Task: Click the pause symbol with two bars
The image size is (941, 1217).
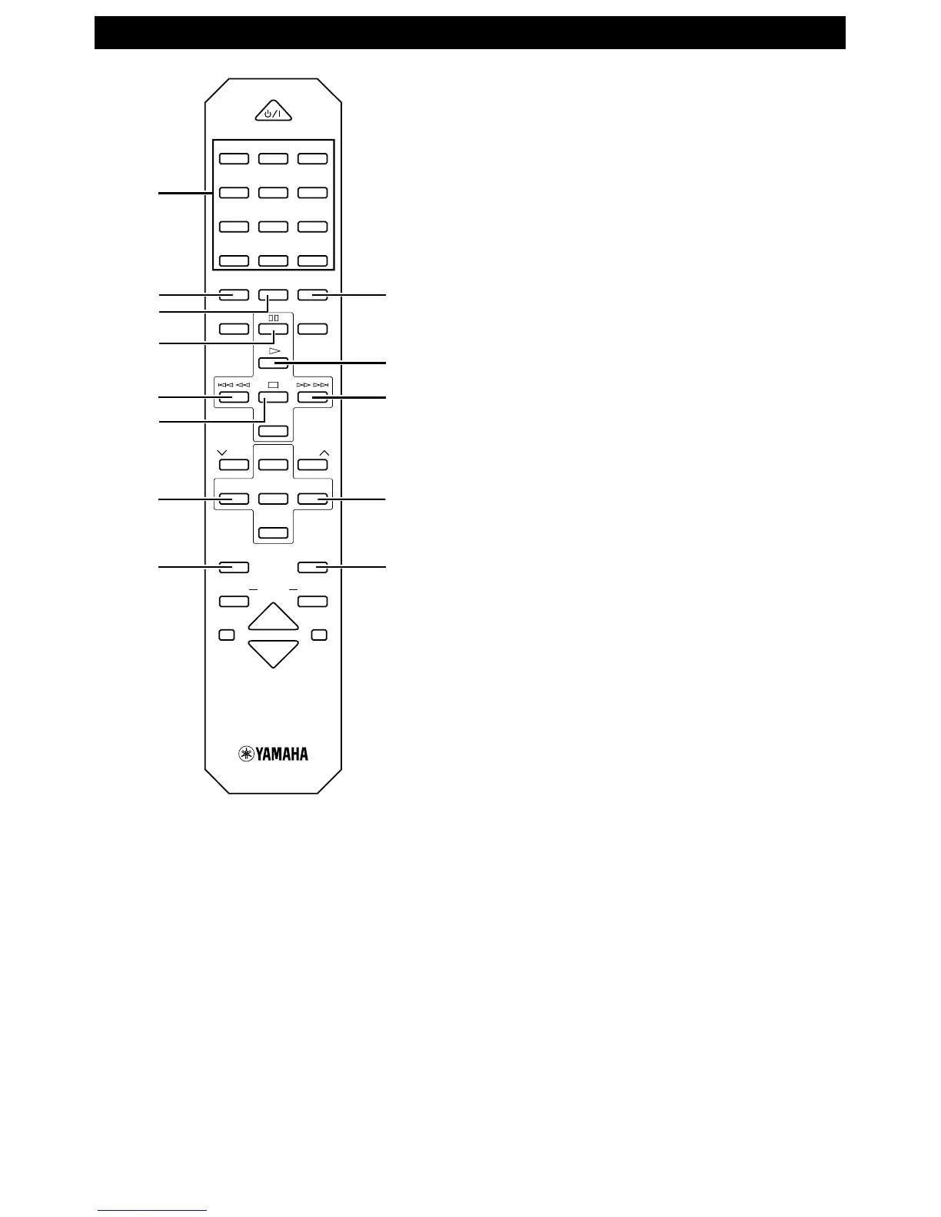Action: (x=273, y=317)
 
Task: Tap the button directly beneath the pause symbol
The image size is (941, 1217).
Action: (x=273, y=330)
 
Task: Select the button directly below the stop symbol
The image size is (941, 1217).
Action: (x=273, y=397)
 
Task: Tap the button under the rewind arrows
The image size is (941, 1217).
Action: (x=234, y=397)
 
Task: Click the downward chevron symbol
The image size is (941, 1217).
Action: (x=222, y=452)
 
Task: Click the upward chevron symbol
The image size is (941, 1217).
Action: (x=324, y=452)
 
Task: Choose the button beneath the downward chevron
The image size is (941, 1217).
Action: (x=234, y=464)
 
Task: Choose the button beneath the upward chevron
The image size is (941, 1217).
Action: (x=313, y=464)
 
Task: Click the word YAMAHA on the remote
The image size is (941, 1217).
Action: (x=283, y=754)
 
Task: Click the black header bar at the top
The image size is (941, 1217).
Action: (x=470, y=33)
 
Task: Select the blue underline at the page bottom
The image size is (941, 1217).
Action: (x=152, y=1211)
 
